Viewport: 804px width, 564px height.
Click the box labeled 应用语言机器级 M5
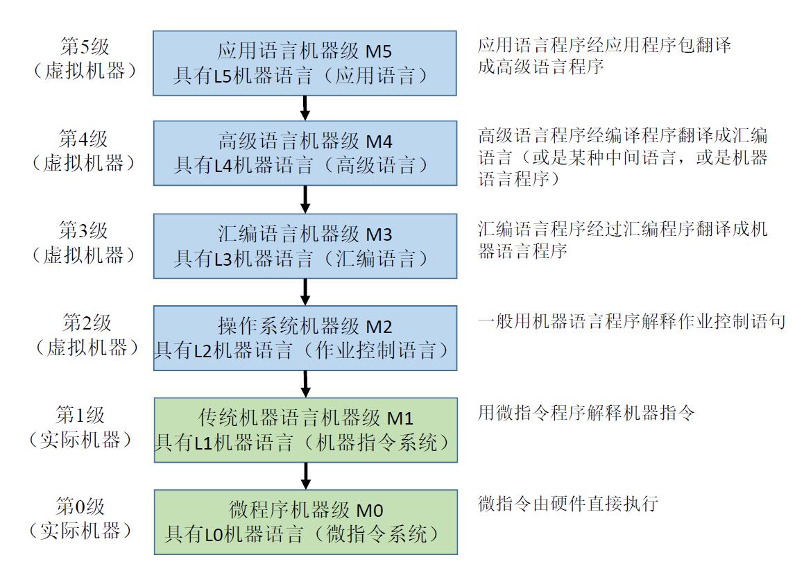coord(305,62)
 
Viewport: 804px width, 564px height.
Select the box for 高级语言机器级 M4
coord(305,153)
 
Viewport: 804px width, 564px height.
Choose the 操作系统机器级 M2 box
coord(305,338)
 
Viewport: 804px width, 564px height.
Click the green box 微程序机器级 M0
coord(305,522)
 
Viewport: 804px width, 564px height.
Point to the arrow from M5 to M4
coord(305,108)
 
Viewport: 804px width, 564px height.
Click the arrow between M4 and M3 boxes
coord(305,200)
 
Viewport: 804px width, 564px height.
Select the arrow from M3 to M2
coord(305,291)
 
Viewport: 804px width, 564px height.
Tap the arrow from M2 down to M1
coord(305,384)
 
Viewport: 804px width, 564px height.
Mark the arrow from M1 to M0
coord(305,476)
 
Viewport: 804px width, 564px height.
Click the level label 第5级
coord(84,46)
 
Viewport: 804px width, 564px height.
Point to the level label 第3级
coord(84,230)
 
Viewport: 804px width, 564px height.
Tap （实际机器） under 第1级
coord(82,440)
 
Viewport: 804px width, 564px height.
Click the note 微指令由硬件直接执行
coord(567,504)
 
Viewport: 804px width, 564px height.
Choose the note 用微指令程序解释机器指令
coord(585,413)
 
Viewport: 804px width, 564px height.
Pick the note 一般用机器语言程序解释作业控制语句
coord(631,321)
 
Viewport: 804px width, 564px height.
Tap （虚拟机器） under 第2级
coord(84,348)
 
